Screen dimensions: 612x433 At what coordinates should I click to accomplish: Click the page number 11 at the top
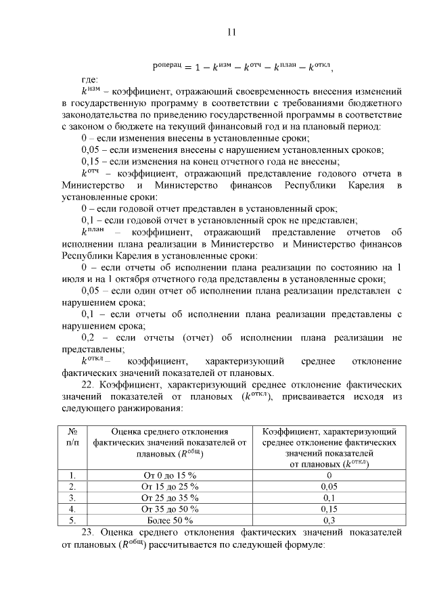click(x=231, y=32)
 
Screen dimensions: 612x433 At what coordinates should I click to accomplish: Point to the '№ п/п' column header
click(x=72, y=436)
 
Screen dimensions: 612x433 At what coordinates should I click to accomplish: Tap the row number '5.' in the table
click(x=72, y=520)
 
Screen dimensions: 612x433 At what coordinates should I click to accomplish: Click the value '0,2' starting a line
click(x=91, y=337)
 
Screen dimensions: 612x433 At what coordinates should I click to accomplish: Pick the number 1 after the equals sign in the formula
click(x=196, y=68)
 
